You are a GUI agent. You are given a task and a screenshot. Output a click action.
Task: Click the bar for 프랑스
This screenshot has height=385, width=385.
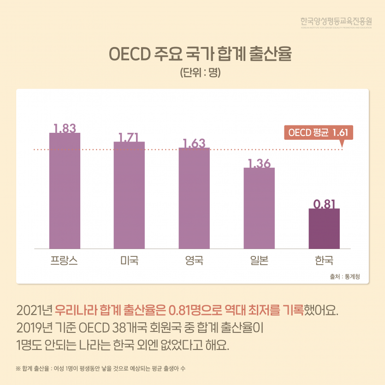tap(65, 190)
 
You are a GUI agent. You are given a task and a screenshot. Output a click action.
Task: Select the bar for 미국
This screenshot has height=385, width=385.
tap(129, 195)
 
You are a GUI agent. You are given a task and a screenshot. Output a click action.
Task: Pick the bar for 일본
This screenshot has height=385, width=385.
tap(259, 208)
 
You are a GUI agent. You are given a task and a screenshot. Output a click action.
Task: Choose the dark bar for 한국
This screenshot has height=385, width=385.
tap(324, 229)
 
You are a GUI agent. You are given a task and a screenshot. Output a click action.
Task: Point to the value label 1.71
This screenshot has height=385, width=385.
tap(129, 137)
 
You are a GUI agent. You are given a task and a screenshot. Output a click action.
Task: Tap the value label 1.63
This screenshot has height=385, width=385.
tap(194, 143)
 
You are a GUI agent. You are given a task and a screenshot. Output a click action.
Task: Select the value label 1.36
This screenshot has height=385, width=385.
tap(259, 163)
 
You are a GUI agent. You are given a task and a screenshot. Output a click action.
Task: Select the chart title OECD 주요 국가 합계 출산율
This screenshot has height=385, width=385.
tap(192, 54)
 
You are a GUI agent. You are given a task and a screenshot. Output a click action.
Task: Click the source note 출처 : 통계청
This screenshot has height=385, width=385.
tap(345, 276)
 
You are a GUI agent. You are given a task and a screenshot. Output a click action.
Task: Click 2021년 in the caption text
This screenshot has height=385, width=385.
tap(34, 308)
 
